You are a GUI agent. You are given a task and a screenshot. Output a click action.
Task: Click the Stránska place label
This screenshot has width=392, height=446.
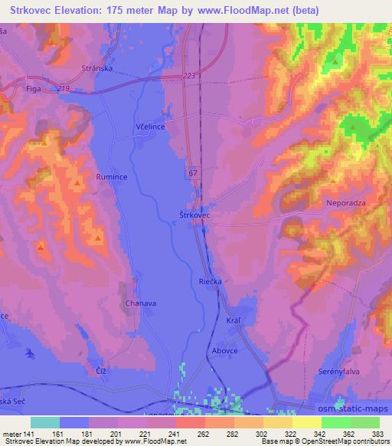coord(97,68)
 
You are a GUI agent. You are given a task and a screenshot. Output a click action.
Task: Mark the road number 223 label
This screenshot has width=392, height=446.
coord(191,76)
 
